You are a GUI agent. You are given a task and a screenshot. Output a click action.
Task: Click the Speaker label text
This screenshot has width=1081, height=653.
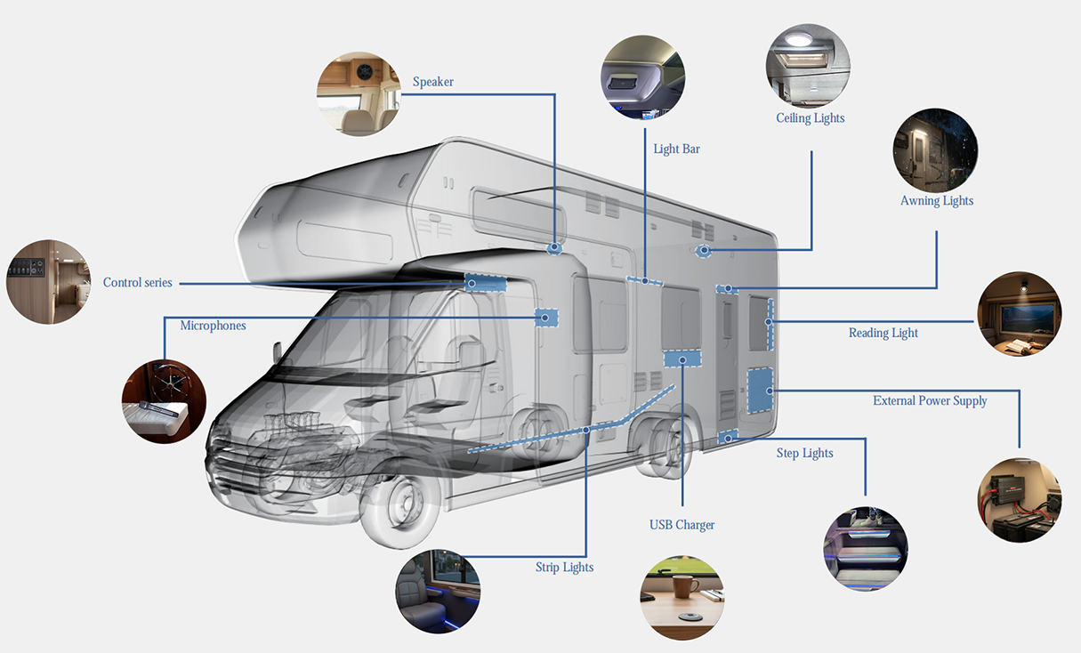tap(433, 82)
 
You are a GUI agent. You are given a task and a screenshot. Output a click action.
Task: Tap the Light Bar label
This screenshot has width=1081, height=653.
tap(676, 149)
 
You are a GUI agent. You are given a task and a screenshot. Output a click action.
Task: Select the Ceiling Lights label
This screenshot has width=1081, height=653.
tap(811, 118)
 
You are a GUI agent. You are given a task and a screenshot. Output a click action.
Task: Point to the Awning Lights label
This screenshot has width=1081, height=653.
tap(937, 201)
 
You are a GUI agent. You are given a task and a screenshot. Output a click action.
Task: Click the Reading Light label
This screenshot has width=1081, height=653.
tap(883, 333)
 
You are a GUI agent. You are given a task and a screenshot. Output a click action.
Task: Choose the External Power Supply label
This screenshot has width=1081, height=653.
tap(930, 401)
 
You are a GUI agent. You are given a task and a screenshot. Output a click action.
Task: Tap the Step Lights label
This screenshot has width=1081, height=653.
tap(804, 453)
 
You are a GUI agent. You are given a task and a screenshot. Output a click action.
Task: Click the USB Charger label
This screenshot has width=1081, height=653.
tap(682, 525)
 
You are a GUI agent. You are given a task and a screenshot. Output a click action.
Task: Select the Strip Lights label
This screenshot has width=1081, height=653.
tap(564, 567)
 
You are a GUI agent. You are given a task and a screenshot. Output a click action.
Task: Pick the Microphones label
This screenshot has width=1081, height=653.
tap(213, 326)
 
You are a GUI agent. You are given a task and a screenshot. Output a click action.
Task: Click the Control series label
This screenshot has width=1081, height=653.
tap(138, 282)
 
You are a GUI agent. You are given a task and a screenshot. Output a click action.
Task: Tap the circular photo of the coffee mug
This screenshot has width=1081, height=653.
tap(682, 598)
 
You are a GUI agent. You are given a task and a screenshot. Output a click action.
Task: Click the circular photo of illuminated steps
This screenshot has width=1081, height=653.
tap(866, 549)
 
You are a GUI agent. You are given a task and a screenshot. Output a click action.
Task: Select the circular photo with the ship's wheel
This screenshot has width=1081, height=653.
tap(164, 401)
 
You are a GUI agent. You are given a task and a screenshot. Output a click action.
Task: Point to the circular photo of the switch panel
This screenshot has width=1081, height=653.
tap(48, 282)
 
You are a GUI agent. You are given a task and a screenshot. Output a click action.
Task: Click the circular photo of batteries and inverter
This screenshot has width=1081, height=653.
tap(1020, 500)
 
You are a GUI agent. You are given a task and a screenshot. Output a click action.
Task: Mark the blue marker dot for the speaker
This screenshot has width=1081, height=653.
tap(554, 247)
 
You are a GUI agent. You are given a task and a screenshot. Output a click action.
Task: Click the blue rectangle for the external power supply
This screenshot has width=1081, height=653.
tap(760, 391)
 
